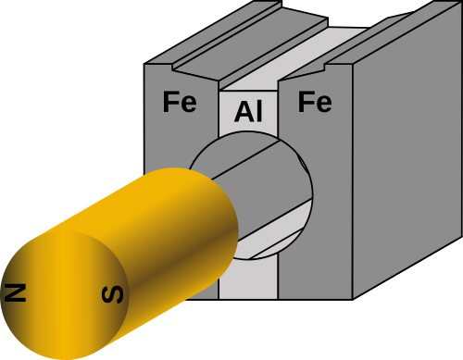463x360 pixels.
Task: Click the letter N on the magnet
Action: click(15, 292)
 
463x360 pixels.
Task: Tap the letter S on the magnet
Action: click(113, 294)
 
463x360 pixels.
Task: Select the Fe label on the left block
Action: click(180, 102)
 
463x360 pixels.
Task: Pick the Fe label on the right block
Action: click(315, 102)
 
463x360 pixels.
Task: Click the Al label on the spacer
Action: click(248, 111)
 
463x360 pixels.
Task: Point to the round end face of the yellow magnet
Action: click(64, 294)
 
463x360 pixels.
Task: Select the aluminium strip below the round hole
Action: click(248, 279)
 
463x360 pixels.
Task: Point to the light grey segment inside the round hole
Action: click(275, 230)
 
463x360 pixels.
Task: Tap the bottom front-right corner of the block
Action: click(353, 299)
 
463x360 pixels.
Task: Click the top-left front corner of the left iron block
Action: click(144, 64)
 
